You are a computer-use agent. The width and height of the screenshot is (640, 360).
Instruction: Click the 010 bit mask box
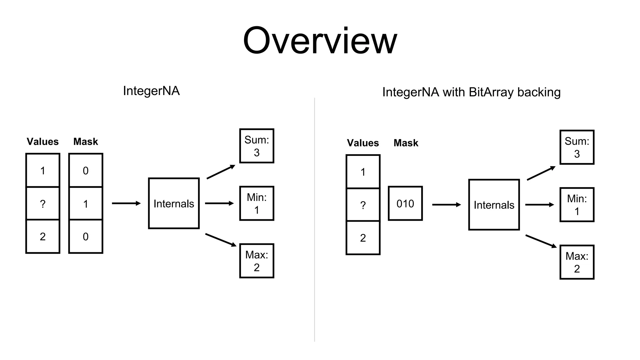405,203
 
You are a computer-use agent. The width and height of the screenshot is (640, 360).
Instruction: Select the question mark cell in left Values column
43,203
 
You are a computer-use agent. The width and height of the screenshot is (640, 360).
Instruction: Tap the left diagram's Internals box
174,203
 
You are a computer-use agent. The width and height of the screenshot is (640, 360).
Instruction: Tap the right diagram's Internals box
494,205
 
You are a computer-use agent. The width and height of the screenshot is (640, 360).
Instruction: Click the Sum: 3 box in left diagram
257,146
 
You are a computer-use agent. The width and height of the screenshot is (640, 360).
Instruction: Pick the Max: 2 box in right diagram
577,262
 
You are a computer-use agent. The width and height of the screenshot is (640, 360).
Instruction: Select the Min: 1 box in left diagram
257,203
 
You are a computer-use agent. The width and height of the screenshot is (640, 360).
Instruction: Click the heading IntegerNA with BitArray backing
471,92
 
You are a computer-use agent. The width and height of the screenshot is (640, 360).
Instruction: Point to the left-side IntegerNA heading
151,91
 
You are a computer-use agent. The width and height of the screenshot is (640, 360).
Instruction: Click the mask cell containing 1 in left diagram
86,203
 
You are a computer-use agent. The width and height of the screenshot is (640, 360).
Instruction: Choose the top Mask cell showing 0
86,170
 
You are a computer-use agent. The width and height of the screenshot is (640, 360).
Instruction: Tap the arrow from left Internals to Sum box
221,172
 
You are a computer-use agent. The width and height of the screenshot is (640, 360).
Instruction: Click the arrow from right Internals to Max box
541,241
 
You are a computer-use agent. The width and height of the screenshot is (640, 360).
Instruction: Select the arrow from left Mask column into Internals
126,203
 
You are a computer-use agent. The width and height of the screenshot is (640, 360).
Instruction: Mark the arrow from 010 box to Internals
446,205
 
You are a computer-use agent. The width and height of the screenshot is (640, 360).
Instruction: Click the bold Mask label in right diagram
406,143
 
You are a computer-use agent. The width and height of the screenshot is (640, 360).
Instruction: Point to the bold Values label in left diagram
43,142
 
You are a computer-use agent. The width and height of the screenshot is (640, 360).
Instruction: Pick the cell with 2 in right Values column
363,238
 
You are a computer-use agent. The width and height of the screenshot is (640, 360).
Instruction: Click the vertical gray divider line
314,219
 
